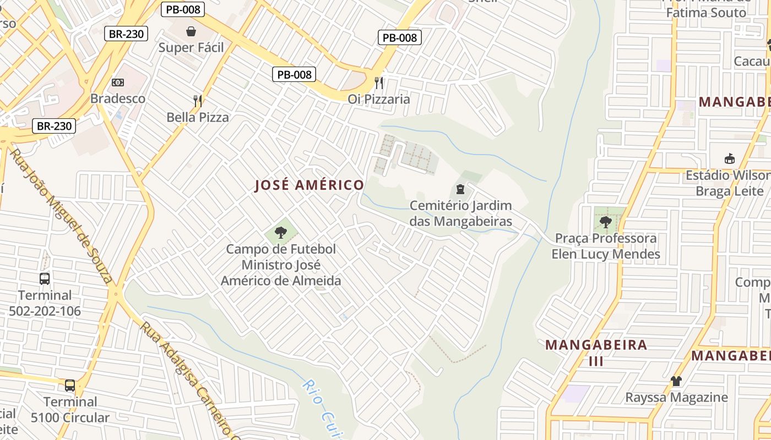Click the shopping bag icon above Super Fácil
[191, 31]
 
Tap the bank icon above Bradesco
[118, 82]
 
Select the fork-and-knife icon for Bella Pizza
[198, 101]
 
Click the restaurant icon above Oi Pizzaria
[379, 83]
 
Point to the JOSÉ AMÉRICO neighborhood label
[309, 185]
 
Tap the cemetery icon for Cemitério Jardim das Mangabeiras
[460, 190]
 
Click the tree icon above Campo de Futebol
[281, 233]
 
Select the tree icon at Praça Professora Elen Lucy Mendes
[606, 222]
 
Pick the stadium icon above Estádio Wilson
[730, 159]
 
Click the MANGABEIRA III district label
[596, 353]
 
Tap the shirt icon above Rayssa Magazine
[676, 381]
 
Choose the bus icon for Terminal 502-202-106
[45, 279]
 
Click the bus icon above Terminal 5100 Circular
[70, 386]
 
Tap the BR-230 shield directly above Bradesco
[126, 34]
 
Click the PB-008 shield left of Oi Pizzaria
[294, 74]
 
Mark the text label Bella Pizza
[198, 117]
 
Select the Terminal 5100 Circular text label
[70, 409]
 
